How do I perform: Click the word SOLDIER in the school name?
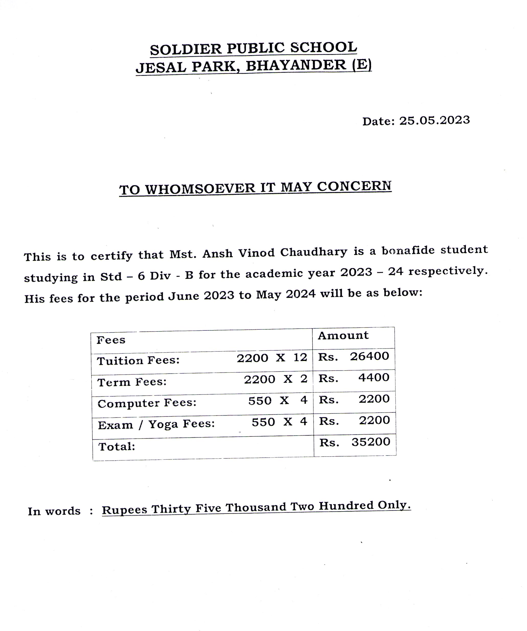186,49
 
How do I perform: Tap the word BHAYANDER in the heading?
296,65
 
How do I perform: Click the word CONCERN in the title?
354,186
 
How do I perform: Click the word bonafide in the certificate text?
408,250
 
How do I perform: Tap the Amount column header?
343,335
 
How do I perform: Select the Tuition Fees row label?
138,360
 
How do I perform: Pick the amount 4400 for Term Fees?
374,377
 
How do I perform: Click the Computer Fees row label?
147,403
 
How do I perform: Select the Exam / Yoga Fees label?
156,424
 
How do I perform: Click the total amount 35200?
371,442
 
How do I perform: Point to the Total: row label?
117,447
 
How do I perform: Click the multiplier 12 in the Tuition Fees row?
300,357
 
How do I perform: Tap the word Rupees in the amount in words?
124,510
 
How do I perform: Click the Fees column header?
111,340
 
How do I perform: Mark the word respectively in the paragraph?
448,271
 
